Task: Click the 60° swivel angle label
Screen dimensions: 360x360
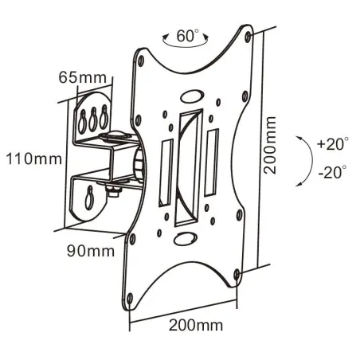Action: point(188,36)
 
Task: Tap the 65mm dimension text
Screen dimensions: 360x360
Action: point(83,77)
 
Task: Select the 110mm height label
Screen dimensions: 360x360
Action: point(34,158)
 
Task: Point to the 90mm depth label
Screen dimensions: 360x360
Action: point(91,250)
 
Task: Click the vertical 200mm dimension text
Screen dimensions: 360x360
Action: point(270,145)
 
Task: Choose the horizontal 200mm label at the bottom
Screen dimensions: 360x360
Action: point(196,325)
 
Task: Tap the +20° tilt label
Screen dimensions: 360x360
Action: point(333,143)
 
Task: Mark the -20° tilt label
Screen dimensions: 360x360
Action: point(333,172)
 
